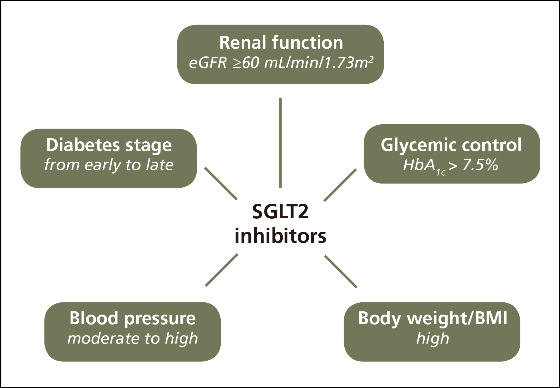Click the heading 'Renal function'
click(x=281, y=43)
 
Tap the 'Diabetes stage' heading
click(x=109, y=145)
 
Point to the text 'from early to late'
click(x=109, y=165)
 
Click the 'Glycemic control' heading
click(x=451, y=145)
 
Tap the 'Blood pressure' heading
click(x=132, y=318)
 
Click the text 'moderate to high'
click(x=132, y=338)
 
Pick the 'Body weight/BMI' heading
click(x=432, y=318)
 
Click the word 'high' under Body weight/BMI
click(x=432, y=338)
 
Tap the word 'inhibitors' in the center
click(x=281, y=236)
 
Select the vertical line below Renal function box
click(x=281, y=143)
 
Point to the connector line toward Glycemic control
click(x=340, y=185)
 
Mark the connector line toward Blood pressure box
click(x=221, y=270)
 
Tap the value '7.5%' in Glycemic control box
click(x=480, y=165)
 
